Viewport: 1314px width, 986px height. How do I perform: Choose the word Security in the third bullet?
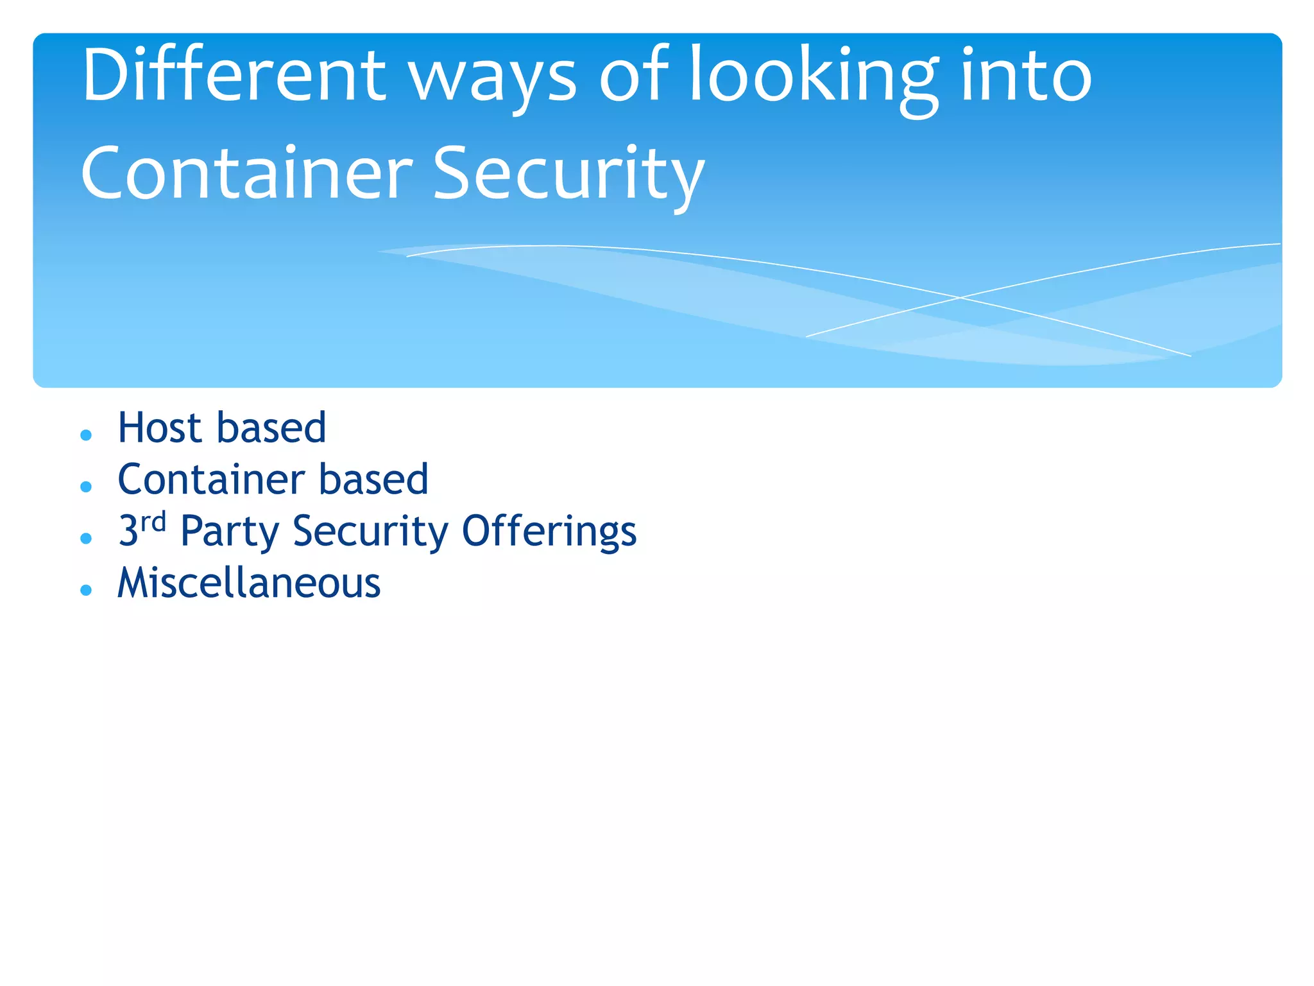(370, 532)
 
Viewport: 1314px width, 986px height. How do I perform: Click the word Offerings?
(549, 532)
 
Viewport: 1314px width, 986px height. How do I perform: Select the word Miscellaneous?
(249, 583)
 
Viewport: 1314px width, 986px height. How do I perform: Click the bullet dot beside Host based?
(86, 435)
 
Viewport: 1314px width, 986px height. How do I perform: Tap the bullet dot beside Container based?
(86, 487)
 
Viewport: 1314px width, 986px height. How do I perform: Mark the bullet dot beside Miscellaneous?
(86, 590)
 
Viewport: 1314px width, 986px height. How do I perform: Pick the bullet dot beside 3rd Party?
(86, 539)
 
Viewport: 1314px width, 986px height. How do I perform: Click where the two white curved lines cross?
(960, 298)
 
